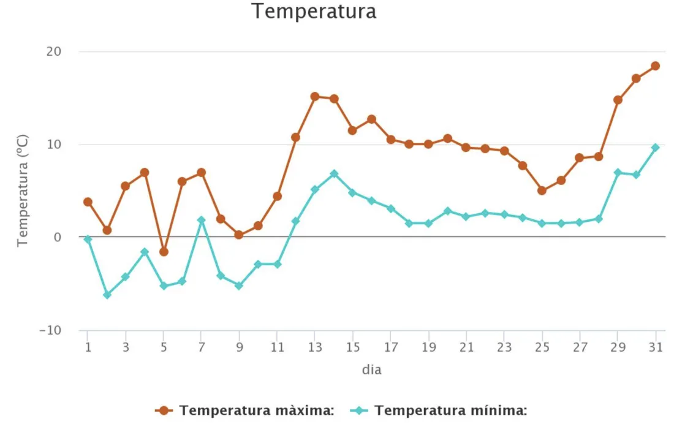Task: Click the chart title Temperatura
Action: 314,11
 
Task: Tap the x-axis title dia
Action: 371,370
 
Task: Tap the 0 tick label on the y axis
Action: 57,237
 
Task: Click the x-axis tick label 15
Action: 352,347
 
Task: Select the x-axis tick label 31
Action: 655,347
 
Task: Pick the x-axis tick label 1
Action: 88,347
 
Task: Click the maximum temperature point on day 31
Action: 655,66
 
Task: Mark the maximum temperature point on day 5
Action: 164,252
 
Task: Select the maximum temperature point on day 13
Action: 315,96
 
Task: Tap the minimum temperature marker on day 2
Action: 107,295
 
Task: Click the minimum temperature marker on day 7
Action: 201,220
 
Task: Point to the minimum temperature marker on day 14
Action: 334,174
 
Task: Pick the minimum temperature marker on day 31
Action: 655,148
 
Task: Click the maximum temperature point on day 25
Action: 542,191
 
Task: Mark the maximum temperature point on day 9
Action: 239,235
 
